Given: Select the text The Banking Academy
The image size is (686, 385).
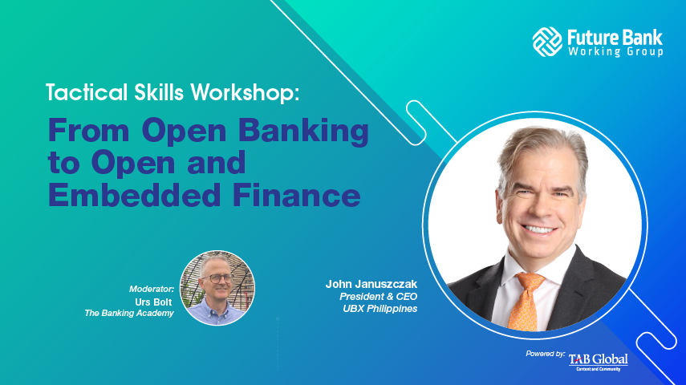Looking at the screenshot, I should (x=130, y=312).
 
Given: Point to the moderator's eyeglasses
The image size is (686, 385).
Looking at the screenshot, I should (x=216, y=278).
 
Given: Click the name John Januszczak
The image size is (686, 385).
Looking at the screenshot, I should (x=371, y=285).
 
